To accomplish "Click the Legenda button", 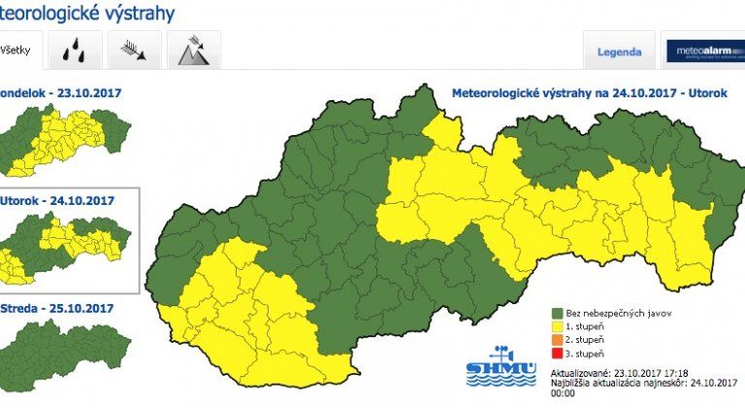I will [x=618, y=52].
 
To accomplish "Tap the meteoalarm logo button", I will [x=703, y=52].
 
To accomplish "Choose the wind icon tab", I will [x=134, y=51].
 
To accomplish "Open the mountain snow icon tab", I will [x=193, y=51].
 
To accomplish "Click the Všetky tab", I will [x=14, y=51].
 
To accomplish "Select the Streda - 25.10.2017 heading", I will [x=57, y=308].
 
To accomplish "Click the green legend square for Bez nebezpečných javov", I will [x=558, y=314].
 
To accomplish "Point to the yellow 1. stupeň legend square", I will [x=558, y=327].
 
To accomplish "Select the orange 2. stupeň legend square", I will [x=558, y=341].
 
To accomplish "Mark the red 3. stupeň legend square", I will [x=558, y=355].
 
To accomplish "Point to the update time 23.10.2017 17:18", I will [x=652, y=372].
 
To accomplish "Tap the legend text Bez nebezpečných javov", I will [x=620, y=314].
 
